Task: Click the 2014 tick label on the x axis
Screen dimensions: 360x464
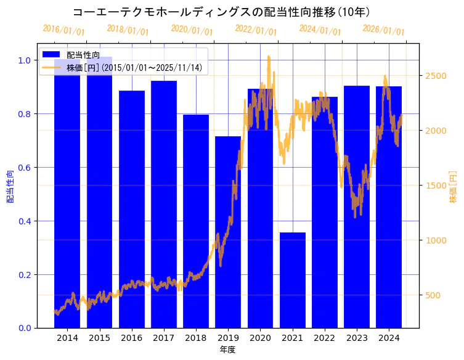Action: [x=67, y=338]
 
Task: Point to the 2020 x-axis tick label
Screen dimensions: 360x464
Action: [x=260, y=338]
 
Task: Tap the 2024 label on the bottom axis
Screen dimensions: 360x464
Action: [x=389, y=338]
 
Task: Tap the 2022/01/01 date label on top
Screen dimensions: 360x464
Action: [x=256, y=30]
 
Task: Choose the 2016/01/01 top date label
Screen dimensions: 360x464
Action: [x=63, y=30]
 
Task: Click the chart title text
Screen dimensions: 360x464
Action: [x=221, y=12]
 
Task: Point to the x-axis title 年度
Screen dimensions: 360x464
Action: [x=228, y=350]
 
